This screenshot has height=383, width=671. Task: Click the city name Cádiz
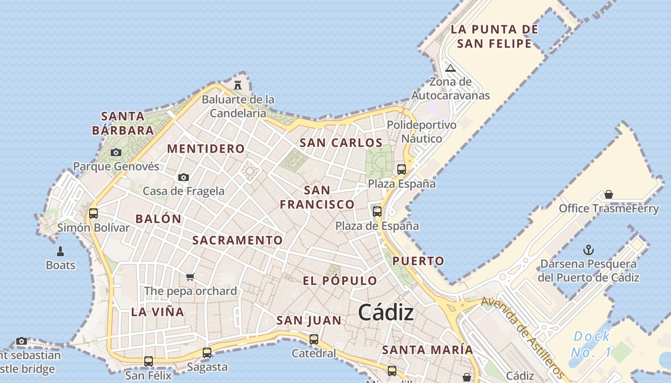(x=386, y=313)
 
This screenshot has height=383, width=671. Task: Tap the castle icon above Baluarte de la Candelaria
(x=237, y=85)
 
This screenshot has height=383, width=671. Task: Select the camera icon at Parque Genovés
(x=116, y=153)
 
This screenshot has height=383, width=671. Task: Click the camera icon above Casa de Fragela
(x=183, y=178)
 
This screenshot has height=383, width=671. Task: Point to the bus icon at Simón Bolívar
(x=93, y=214)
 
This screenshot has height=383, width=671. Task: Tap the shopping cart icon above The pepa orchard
(x=190, y=277)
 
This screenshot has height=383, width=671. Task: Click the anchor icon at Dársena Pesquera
(x=588, y=250)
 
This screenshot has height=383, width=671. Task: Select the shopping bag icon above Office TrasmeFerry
(x=608, y=194)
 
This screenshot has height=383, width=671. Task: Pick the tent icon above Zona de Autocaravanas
(x=450, y=68)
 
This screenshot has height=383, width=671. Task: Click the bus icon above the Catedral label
(x=314, y=339)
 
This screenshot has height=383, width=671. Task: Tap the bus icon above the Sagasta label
(x=207, y=353)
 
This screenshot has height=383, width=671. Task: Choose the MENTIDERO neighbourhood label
(x=206, y=148)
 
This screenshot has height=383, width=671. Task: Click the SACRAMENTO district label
(x=237, y=240)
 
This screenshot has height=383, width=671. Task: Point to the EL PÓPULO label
(x=340, y=281)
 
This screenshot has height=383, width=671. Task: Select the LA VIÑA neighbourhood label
(x=158, y=312)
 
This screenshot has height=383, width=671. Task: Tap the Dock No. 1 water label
(x=591, y=344)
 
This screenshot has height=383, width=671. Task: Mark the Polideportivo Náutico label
(x=422, y=132)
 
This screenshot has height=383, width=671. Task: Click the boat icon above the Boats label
(x=60, y=251)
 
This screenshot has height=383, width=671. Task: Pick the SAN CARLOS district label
(x=341, y=143)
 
